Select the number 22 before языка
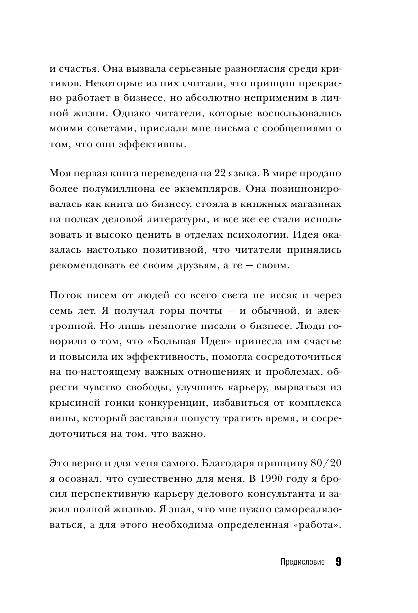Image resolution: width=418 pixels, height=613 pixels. (x=220, y=173)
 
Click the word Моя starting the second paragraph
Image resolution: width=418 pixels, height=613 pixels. (x=61, y=173)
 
